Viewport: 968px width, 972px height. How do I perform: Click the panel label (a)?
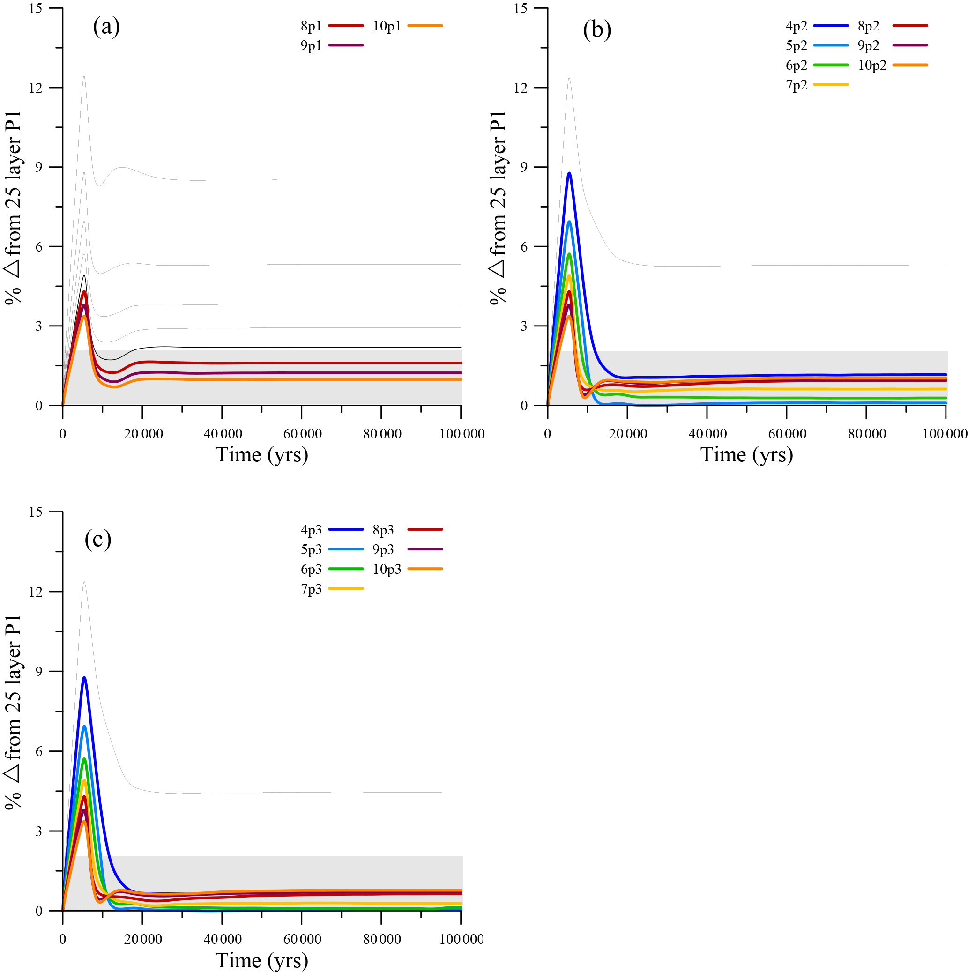(x=106, y=27)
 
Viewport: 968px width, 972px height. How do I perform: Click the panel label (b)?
(x=597, y=30)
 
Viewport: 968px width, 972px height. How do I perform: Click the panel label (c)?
(x=97, y=539)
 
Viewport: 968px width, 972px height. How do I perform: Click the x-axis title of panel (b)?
(x=747, y=455)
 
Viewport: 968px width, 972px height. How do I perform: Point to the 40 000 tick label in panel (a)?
(x=223, y=434)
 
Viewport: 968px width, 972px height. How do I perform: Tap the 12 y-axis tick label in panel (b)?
(x=520, y=88)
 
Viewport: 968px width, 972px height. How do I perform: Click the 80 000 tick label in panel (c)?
(x=382, y=939)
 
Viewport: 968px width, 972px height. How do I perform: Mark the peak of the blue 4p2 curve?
(x=569, y=173)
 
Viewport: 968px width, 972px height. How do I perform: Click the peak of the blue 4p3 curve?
(x=84, y=678)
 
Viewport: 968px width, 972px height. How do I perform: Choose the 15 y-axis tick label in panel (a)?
(x=35, y=8)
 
